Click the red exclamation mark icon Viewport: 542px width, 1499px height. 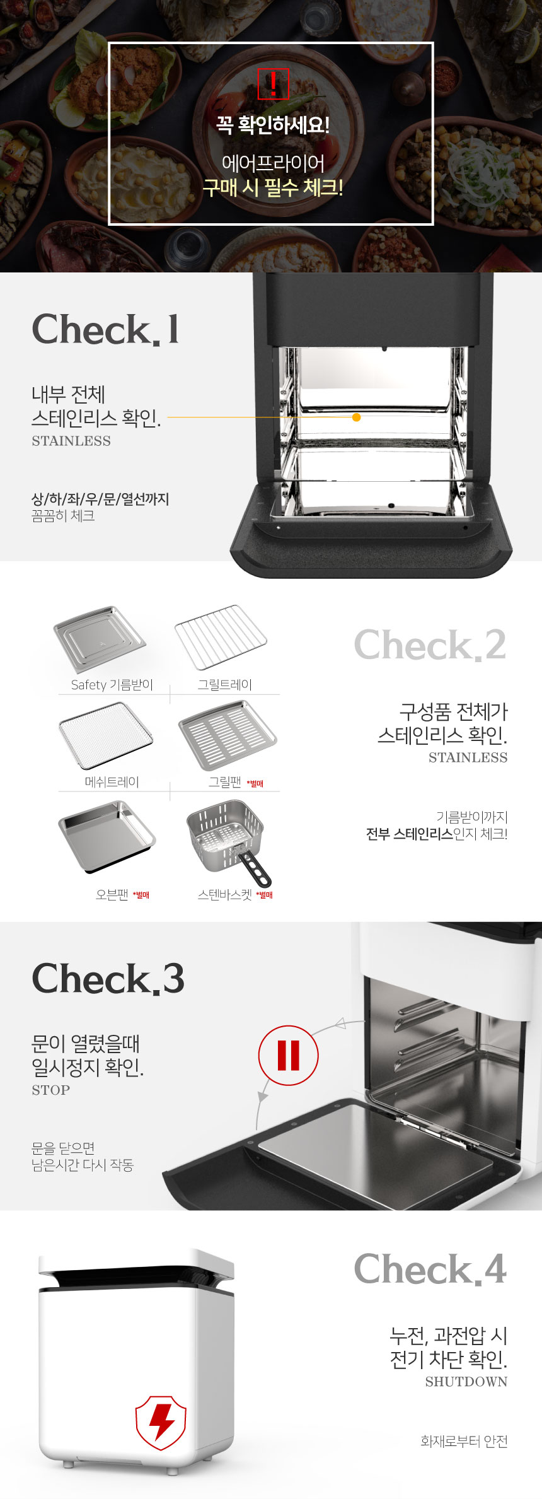pyautogui.click(x=273, y=83)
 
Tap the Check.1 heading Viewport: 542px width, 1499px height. pyautogui.click(x=106, y=329)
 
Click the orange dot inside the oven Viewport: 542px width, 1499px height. pyautogui.click(x=357, y=417)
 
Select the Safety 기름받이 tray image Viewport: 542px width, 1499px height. pyautogui.click(x=100, y=639)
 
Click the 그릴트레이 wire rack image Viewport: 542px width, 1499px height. pyautogui.click(x=221, y=636)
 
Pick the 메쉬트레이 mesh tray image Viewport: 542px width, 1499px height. pyautogui.click(x=106, y=735)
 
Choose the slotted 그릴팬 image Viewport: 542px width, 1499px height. pyautogui.click(x=228, y=735)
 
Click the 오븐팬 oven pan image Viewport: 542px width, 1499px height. pyautogui.click(x=107, y=837)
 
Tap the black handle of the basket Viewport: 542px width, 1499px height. pyautogui.click(x=255, y=868)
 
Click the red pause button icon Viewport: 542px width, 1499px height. pyautogui.click(x=289, y=1055)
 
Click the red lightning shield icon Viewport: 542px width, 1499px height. pyautogui.click(x=161, y=1423)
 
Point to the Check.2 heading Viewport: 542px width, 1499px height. pyautogui.click(x=430, y=645)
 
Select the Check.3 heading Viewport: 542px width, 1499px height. pyautogui.click(x=108, y=978)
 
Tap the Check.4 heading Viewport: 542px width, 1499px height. pyautogui.click(x=430, y=1269)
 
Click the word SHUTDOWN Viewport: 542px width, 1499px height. pyautogui.click(x=466, y=1381)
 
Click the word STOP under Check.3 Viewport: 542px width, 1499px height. pyautogui.click(x=51, y=1090)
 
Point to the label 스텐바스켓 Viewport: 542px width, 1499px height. pyautogui.click(x=225, y=894)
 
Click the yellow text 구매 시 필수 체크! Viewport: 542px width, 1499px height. pyautogui.click(x=273, y=187)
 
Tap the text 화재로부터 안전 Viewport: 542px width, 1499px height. pyautogui.click(x=464, y=1441)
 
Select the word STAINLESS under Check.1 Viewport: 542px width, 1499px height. pyautogui.click(x=71, y=441)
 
